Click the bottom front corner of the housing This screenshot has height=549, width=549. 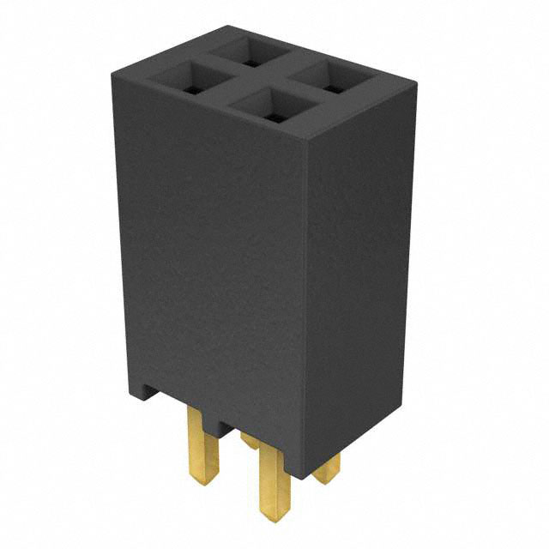point(305,476)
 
